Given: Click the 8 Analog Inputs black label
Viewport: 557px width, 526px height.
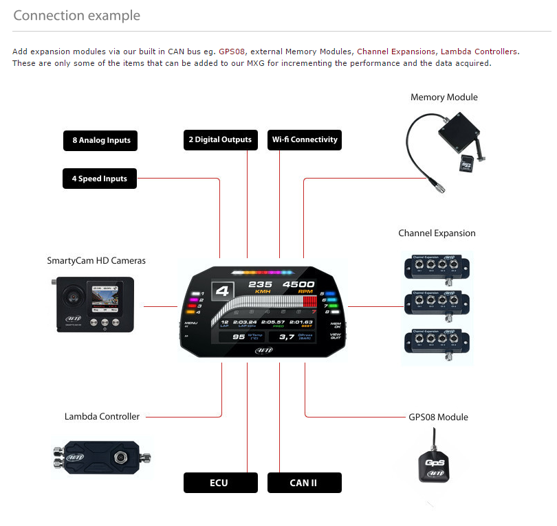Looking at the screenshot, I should click(100, 141).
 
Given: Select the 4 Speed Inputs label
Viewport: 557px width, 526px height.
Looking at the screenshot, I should click(100, 179).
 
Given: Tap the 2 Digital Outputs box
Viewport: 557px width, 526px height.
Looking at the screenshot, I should click(221, 140).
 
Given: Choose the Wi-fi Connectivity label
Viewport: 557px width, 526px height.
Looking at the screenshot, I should click(305, 140).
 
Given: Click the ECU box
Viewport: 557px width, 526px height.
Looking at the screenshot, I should click(220, 483).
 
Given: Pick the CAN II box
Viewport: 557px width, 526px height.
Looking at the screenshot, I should click(304, 483).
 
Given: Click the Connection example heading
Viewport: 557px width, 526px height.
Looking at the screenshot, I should click(76, 15).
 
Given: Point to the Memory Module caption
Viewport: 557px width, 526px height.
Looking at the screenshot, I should click(444, 98).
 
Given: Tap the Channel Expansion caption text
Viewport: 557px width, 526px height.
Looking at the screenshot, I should click(437, 233).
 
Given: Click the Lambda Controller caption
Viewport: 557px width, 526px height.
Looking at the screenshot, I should click(102, 416).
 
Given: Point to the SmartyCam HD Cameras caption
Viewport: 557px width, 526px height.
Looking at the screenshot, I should click(96, 261).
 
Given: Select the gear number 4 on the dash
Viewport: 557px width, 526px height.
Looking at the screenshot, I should click(222, 291).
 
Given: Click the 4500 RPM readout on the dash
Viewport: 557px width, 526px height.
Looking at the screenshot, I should click(298, 284).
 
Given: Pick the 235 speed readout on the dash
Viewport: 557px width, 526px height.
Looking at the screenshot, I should click(261, 284).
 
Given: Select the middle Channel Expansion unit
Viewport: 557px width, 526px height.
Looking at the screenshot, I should click(436, 302).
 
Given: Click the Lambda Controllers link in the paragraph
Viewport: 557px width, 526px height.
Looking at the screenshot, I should click(479, 52).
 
